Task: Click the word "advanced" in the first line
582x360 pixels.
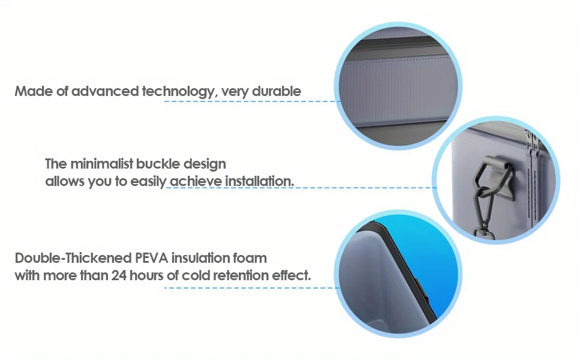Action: (104, 91)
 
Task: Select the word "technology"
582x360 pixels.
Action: (179, 92)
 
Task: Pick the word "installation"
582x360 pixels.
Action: (259, 181)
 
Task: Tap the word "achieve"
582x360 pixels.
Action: (196, 181)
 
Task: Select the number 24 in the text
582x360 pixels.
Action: (119, 275)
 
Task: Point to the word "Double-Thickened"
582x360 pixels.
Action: (73, 258)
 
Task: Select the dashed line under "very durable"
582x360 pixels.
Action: (251, 101)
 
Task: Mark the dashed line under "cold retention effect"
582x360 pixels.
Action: (251, 287)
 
